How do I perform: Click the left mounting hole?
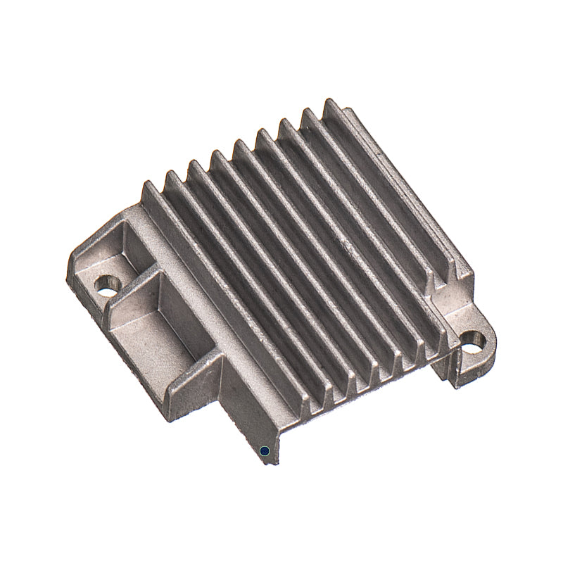[107, 284]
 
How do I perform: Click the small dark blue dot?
[264, 450]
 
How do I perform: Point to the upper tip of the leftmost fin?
[148, 185]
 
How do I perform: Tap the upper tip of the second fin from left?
[171, 175]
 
